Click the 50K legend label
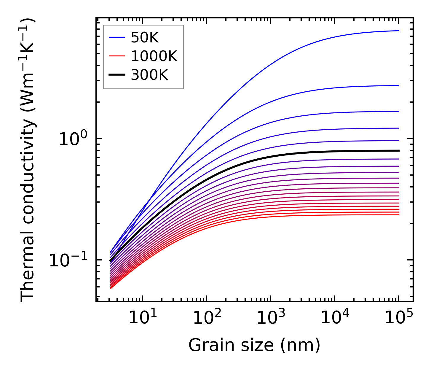point(145,38)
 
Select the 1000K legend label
point(154,56)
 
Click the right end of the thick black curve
point(399,151)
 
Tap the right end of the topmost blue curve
point(399,31)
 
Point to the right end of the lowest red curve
point(399,215)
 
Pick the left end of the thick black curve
point(110,261)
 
